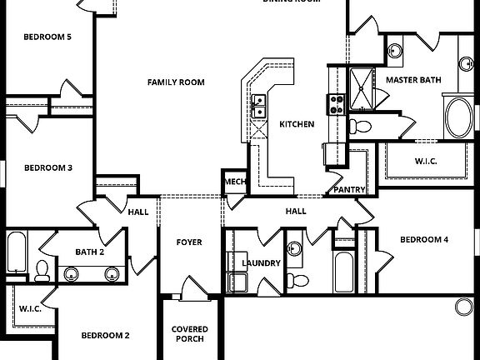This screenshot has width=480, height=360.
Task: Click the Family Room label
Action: tap(176, 82)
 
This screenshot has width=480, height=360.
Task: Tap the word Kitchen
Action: tap(297, 124)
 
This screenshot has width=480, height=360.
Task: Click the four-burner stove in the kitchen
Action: tap(338, 104)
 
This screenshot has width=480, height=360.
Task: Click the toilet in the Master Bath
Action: tap(359, 127)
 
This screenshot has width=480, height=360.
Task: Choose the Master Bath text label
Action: tap(413, 80)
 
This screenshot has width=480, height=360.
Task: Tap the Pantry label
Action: tap(349, 190)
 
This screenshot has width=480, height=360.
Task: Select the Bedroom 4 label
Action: tap(424, 240)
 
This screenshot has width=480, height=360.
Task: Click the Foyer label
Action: tap(189, 242)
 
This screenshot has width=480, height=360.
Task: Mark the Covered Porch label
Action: tap(190, 335)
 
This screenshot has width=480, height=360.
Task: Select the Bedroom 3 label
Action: tap(47, 167)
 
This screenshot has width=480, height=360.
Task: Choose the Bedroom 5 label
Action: tap(47, 37)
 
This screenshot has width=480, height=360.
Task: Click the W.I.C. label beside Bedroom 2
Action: tap(30, 309)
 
